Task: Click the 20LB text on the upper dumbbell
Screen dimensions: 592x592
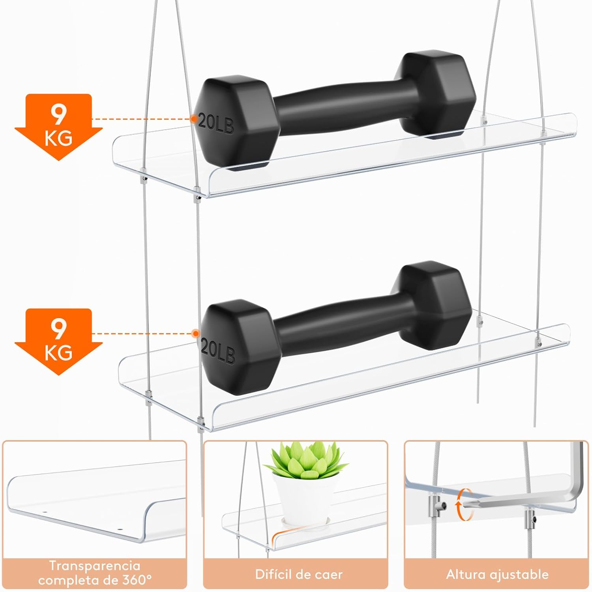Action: [216, 123]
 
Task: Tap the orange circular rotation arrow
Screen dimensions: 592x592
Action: [465, 504]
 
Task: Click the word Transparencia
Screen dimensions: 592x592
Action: [94, 566]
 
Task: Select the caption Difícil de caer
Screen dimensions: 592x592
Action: [299, 574]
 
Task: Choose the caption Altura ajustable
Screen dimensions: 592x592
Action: [497, 574]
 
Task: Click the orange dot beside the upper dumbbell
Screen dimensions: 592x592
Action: [194, 119]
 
